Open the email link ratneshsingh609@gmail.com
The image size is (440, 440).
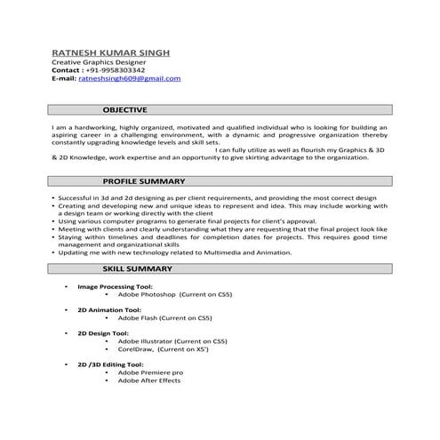(x=129, y=78)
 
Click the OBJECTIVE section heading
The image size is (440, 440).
(x=124, y=109)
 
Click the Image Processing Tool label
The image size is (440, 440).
(x=116, y=286)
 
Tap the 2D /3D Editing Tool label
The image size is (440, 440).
(x=110, y=364)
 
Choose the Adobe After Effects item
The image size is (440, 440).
(x=148, y=380)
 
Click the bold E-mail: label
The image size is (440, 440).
(x=64, y=78)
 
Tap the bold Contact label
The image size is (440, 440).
(x=68, y=69)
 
